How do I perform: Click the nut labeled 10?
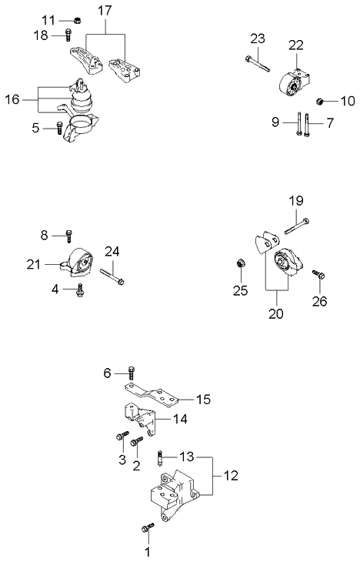[322, 100]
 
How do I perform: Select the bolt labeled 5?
[58, 128]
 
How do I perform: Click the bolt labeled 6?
[132, 373]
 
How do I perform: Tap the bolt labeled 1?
[148, 527]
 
